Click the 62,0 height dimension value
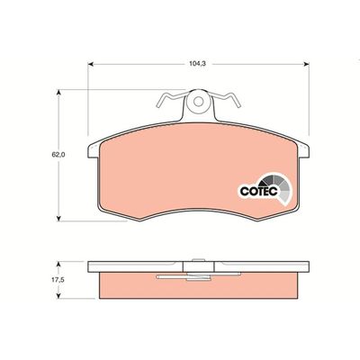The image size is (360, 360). [58, 155]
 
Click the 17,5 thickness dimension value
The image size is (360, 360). [58, 280]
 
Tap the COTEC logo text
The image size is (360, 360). [258, 191]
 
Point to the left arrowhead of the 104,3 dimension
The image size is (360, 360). [91, 64]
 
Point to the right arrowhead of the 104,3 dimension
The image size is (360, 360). [306, 64]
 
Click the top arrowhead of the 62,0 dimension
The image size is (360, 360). [59, 92]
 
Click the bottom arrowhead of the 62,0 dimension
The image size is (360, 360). [59, 218]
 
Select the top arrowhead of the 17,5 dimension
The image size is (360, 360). [59, 264]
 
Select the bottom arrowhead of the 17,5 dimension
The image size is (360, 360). [59, 295]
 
